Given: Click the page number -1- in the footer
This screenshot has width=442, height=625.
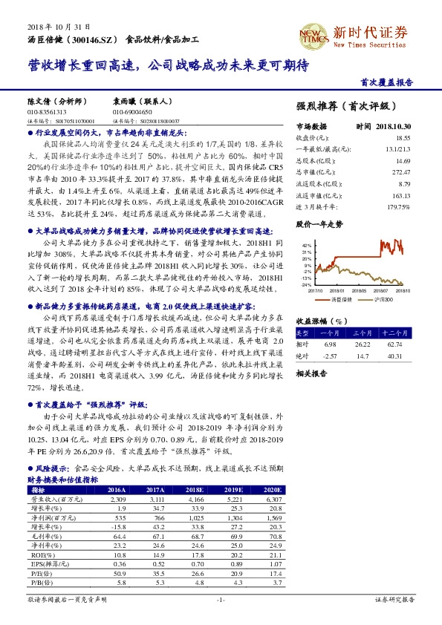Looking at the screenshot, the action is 221,599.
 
